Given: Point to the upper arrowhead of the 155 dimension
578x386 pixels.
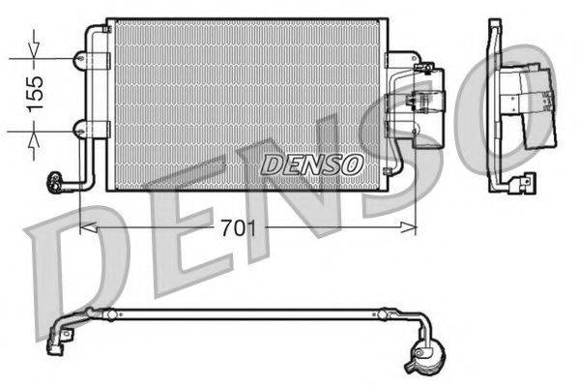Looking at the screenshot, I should tap(35, 55).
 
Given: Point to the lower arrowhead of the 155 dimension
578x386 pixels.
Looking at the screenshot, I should tap(35, 133).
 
